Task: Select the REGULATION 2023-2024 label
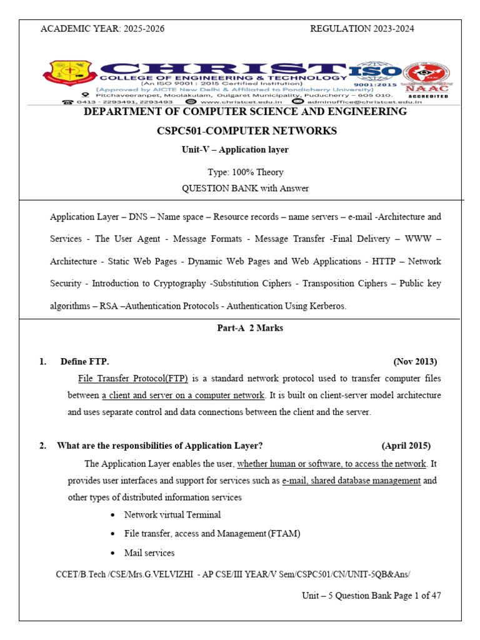coord(362,29)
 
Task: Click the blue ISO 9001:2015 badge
coord(375,74)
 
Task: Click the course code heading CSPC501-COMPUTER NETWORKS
coord(247,131)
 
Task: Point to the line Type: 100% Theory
coord(245,172)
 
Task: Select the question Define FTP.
coord(84,362)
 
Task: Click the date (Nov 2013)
coord(415,362)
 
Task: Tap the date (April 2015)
coord(406,446)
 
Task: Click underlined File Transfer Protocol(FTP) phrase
coord(133,379)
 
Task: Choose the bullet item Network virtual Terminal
coord(172,515)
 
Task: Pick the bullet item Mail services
coord(149,553)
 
